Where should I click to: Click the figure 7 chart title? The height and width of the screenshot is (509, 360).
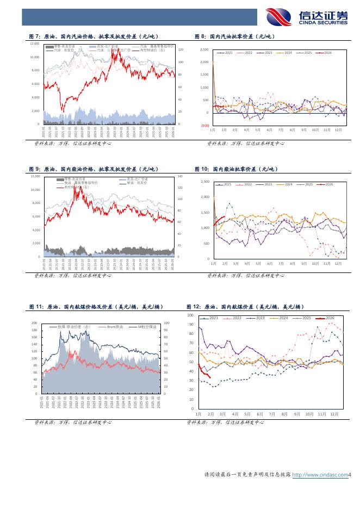90,36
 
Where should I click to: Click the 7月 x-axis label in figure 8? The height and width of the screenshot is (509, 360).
280,131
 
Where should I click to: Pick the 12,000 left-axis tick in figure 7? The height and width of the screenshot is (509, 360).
35,44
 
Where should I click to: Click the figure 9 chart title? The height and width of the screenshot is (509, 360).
90,169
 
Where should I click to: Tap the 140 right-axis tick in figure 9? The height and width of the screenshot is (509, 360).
180,177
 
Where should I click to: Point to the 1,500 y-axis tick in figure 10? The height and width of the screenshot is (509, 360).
205,213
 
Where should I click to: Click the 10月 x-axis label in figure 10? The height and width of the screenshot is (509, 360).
315,263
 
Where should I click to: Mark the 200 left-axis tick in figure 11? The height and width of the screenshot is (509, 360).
34,323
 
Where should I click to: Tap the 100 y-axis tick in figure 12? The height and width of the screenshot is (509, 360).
190,315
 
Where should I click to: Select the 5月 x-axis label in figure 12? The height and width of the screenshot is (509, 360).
247,414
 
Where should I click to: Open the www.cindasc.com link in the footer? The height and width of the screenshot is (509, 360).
320,475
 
